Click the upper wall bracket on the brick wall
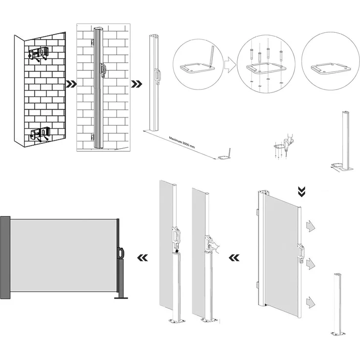(x=39, y=53)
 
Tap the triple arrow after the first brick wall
(x=71, y=84)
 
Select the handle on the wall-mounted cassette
(x=103, y=70)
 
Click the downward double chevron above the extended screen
(x=302, y=189)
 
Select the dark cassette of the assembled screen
(x=5, y=257)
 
